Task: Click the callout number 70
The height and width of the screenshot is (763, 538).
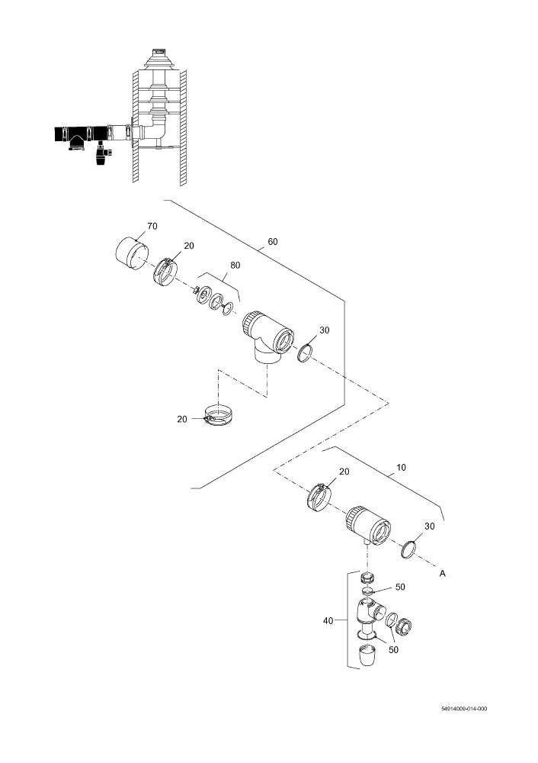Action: click(x=152, y=227)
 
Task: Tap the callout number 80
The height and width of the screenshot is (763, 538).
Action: click(x=235, y=266)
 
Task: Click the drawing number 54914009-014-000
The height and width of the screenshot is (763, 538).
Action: click(x=463, y=708)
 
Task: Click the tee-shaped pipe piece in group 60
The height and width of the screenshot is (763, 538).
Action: click(x=266, y=340)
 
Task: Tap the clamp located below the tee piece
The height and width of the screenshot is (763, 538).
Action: click(x=218, y=416)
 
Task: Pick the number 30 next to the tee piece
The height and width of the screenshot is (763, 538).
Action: click(x=324, y=331)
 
